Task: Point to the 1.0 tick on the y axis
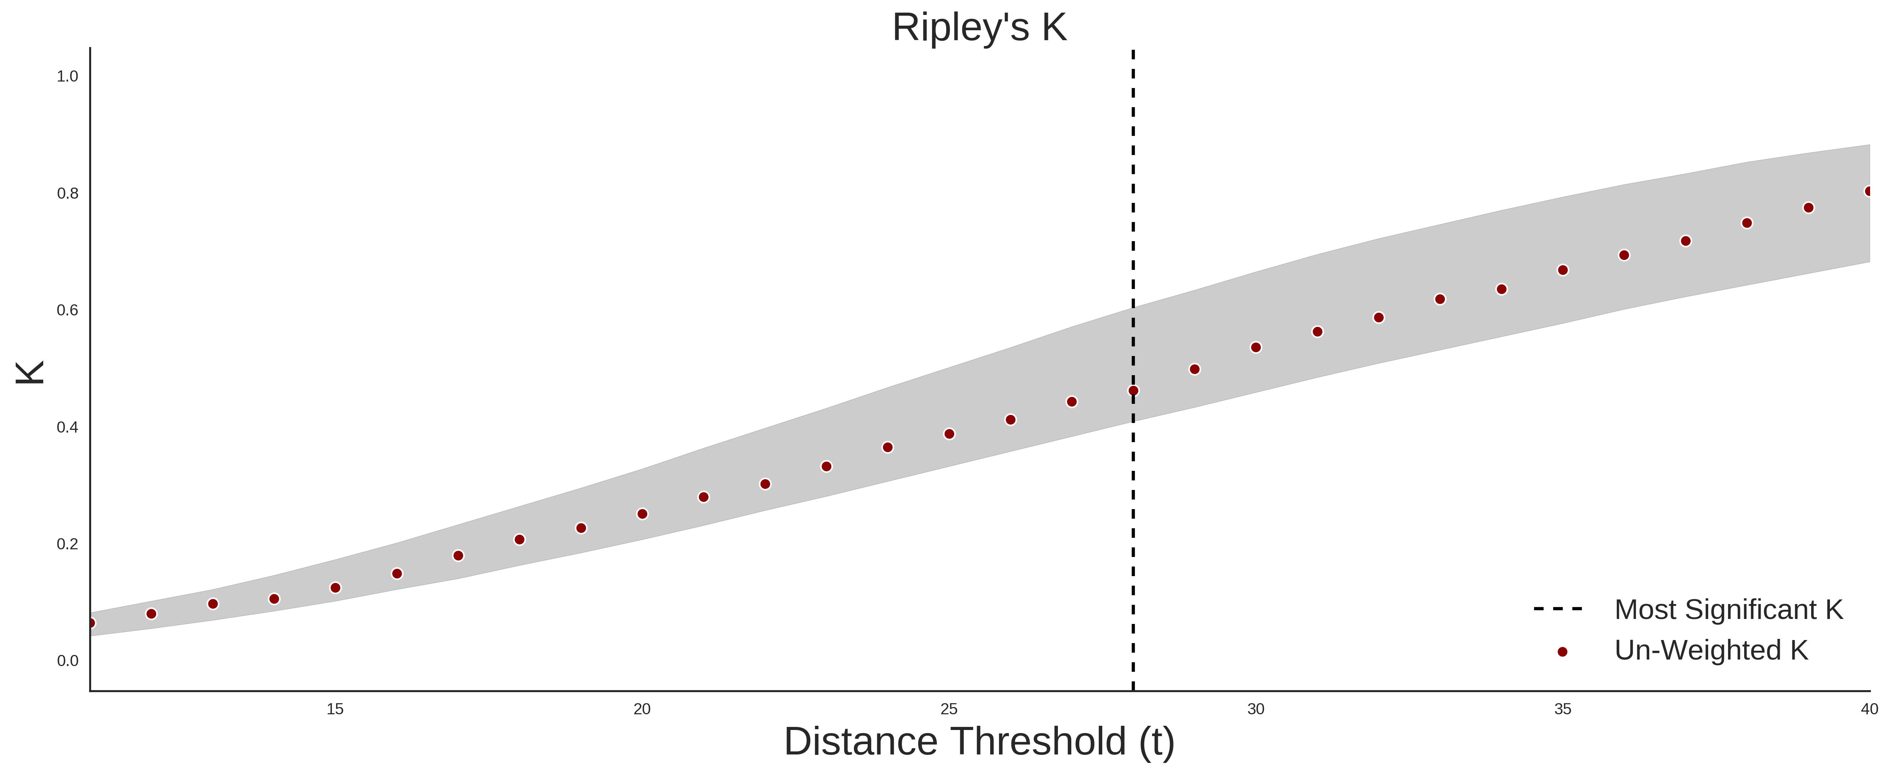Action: (x=67, y=76)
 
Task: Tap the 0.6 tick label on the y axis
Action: (x=67, y=310)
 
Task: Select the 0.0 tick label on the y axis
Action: (x=67, y=661)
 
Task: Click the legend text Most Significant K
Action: (x=1728, y=610)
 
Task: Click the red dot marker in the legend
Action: (x=1562, y=652)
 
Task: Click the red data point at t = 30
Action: (x=1256, y=348)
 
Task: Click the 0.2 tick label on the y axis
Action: (x=67, y=544)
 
